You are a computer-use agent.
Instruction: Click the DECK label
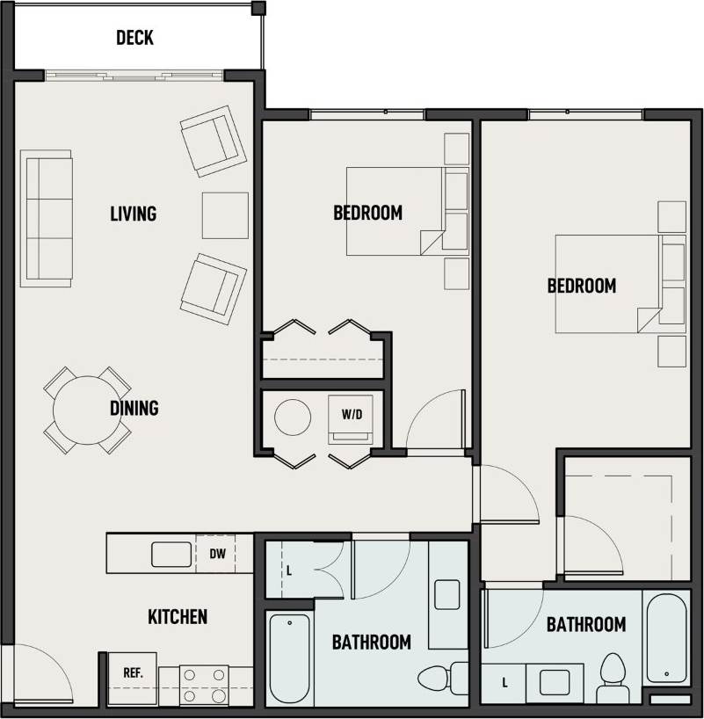(x=134, y=37)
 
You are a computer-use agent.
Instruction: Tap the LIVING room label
(x=134, y=214)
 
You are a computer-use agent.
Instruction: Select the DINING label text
(x=134, y=408)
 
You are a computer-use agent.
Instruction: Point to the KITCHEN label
(x=178, y=616)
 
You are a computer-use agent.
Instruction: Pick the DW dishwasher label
(x=217, y=554)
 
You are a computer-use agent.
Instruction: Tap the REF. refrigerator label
(x=133, y=672)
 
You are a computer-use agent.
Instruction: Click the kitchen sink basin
(x=171, y=555)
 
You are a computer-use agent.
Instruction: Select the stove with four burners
(x=203, y=685)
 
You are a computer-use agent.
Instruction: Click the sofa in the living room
(x=47, y=218)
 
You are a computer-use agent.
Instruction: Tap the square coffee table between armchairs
(x=225, y=215)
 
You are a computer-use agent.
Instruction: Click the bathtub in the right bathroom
(x=666, y=637)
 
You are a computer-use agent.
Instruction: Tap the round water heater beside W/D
(x=292, y=418)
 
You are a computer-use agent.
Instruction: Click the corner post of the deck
(x=258, y=9)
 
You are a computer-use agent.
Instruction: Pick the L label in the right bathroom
(x=504, y=682)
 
